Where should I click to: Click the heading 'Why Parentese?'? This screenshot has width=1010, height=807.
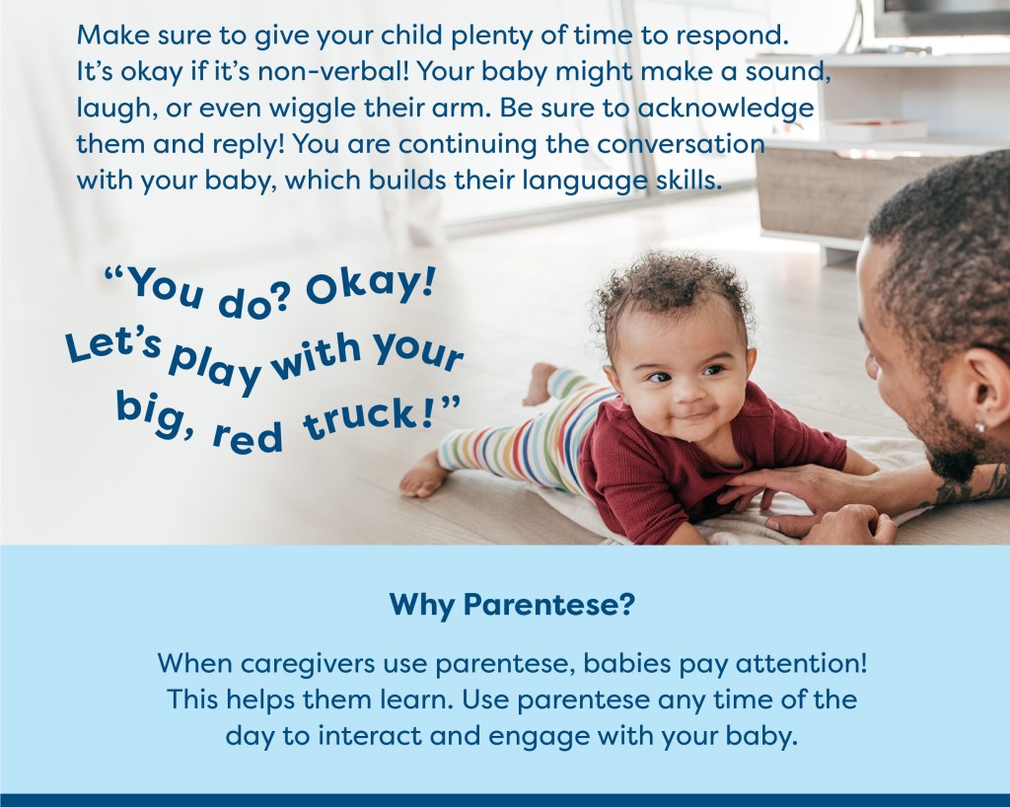[x=512, y=605]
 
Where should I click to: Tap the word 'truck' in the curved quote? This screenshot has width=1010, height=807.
[x=360, y=420]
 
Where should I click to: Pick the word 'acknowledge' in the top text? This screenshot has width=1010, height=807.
[x=726, y=109]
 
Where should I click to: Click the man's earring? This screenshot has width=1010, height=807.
[x=979, y=426]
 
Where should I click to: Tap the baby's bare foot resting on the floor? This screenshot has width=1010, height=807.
[x=423, y=476]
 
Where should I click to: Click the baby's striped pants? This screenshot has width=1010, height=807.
[x=522, y=435]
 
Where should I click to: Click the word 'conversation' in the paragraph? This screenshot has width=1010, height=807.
[x=682, y=144]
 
